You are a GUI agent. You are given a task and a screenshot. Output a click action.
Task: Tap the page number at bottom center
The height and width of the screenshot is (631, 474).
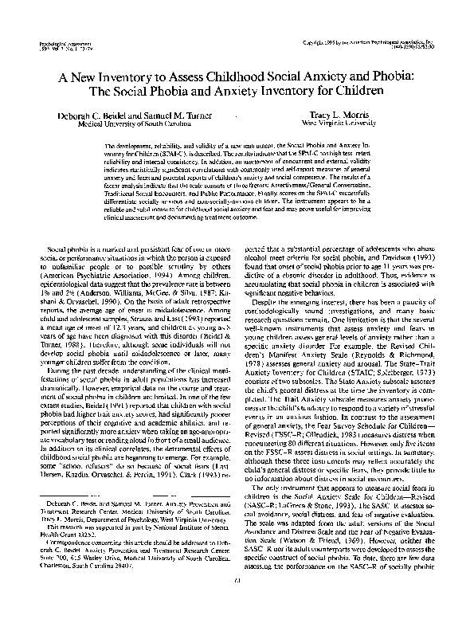point(237,602)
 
